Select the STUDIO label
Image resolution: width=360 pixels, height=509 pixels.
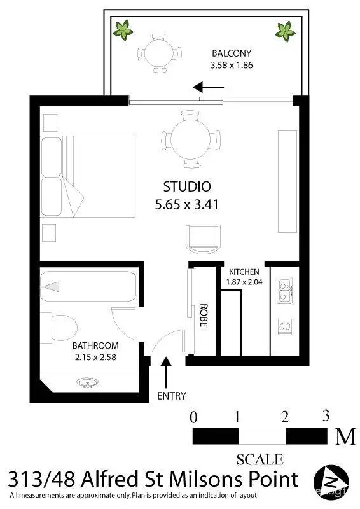[187, 187]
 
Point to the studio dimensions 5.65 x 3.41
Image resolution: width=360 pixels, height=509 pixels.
[187, 205]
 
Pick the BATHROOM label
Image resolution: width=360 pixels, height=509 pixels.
[95, 345]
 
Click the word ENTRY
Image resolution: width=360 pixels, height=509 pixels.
[172, 396]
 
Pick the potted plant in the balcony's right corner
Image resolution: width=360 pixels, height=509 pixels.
[285, 29]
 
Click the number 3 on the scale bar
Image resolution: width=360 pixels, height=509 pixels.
[326, 417]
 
